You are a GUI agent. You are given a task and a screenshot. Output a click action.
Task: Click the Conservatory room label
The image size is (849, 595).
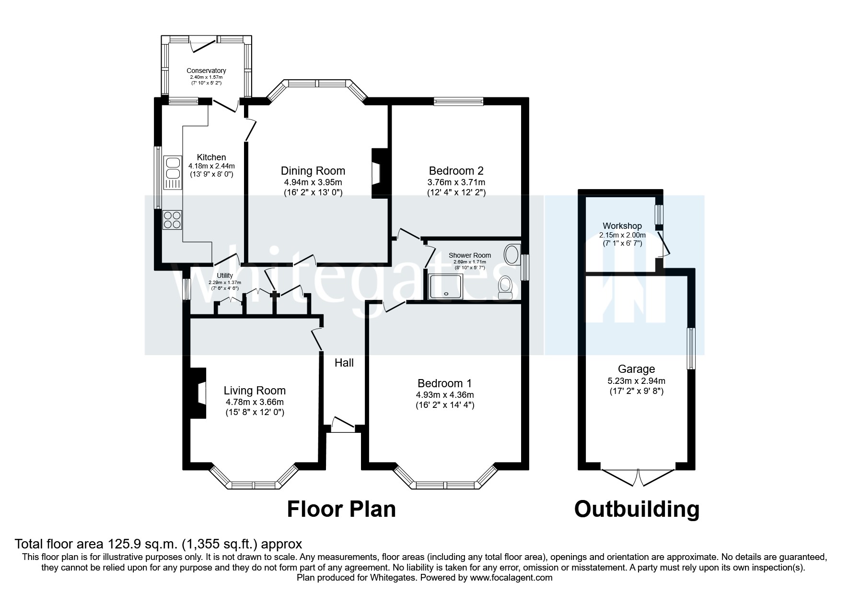click(x=206, y=71)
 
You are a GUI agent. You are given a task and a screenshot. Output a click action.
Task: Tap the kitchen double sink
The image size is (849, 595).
click(x=172, y=172)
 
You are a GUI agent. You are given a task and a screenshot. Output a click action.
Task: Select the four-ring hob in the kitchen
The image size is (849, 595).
click(x=172, y=220)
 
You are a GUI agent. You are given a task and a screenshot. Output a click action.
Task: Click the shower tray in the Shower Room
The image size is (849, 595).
click(x=446, y=287)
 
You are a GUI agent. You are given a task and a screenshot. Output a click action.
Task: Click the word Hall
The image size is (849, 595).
click(x=344, y=363)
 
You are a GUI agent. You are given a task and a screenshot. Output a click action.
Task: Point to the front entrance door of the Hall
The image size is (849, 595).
click(x=343, y=426)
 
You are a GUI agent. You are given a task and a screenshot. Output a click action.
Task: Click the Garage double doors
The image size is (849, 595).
click(x=638, y=477)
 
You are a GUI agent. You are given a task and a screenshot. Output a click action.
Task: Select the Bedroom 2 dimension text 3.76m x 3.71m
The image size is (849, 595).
click(x=456, y=182)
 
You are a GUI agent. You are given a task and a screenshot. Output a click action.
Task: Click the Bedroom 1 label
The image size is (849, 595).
click(x=444, y=383)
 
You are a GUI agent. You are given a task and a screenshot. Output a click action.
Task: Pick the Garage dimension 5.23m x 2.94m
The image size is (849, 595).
click(x=636, y=381)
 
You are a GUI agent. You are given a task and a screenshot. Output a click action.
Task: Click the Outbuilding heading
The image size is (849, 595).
click(x=637, y=509)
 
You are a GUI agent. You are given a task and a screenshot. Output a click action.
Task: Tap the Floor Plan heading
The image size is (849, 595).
click(x=341, y=509)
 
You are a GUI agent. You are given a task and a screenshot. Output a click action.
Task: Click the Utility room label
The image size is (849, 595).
click(x=225, y=275)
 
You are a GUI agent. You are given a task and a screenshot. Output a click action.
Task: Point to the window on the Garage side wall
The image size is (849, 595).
click(x=691, y=348)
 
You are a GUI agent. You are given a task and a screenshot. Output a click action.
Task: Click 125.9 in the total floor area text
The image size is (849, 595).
click(x=120, y=544)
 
